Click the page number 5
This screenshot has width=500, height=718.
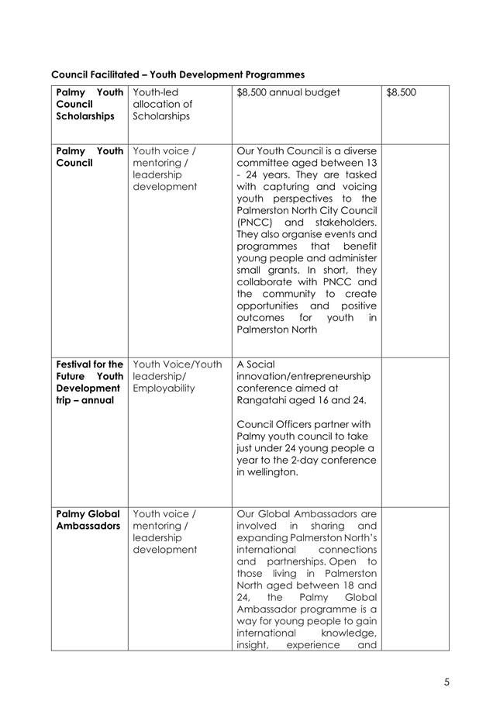point(447,682)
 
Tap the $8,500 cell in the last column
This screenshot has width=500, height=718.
point(401,93)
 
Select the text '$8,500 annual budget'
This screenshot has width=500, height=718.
point(288,93)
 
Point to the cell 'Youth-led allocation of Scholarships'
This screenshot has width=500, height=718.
point(162,104)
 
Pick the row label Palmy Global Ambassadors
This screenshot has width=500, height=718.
point(87,520)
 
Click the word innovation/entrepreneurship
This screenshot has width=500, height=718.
point(303,376)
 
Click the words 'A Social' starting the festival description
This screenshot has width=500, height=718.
point(255,364)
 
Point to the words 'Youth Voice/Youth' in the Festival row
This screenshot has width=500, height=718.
point(178,364)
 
